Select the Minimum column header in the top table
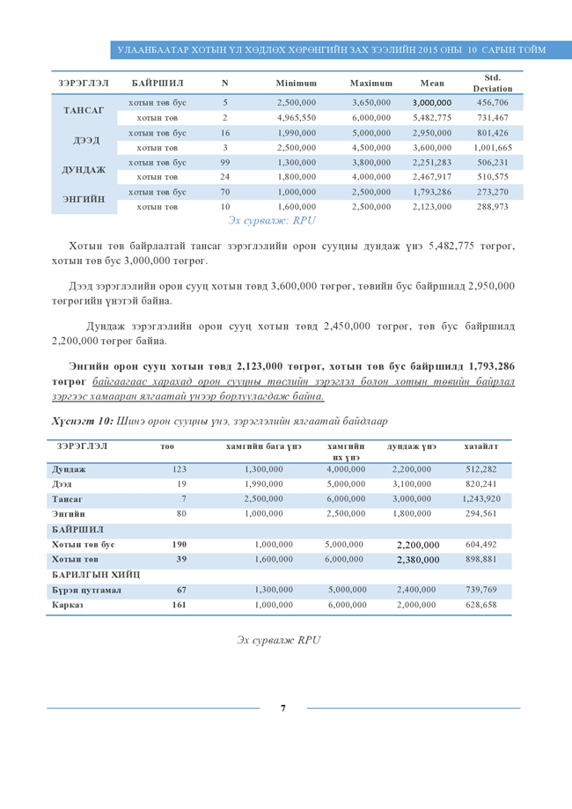click(296, 83)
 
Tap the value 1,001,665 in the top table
click(493, 148)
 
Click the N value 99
click(225, 163)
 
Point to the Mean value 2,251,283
click(431, 163)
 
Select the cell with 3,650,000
click(370, 103)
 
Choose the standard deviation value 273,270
click(493, 192)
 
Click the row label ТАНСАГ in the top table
click(84, 110)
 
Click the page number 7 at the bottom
click(282, 708)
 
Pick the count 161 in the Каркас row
click(181, 605)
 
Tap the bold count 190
click(181, 545)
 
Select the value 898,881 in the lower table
click(480, 560)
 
